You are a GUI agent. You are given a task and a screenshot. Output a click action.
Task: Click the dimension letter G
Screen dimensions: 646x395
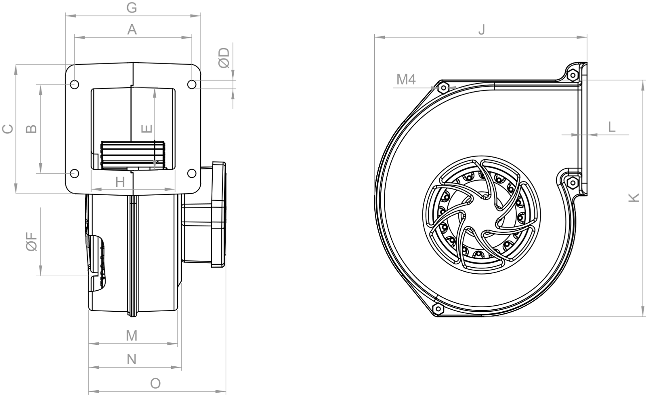[x=132, y=8]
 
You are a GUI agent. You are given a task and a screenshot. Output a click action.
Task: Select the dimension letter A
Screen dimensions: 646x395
[x=132, y=30]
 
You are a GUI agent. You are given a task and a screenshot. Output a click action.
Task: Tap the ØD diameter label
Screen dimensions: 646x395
[x=224, y=58]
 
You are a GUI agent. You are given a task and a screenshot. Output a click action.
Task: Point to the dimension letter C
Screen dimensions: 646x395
[x=8, y=129]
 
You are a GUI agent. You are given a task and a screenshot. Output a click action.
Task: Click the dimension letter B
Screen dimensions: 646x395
[x=31, y=129]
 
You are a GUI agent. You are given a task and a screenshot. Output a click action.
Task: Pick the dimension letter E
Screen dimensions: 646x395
[x=147, y=129]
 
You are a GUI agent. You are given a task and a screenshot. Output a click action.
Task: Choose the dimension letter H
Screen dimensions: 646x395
[x=120, y=182]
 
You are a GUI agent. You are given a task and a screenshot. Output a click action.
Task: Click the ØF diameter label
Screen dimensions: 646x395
[x=31, y=242]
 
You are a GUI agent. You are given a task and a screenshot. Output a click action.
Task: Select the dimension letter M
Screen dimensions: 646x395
[x=132, y=336]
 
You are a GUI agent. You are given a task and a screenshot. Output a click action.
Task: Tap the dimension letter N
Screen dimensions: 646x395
[x=132, y=359]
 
